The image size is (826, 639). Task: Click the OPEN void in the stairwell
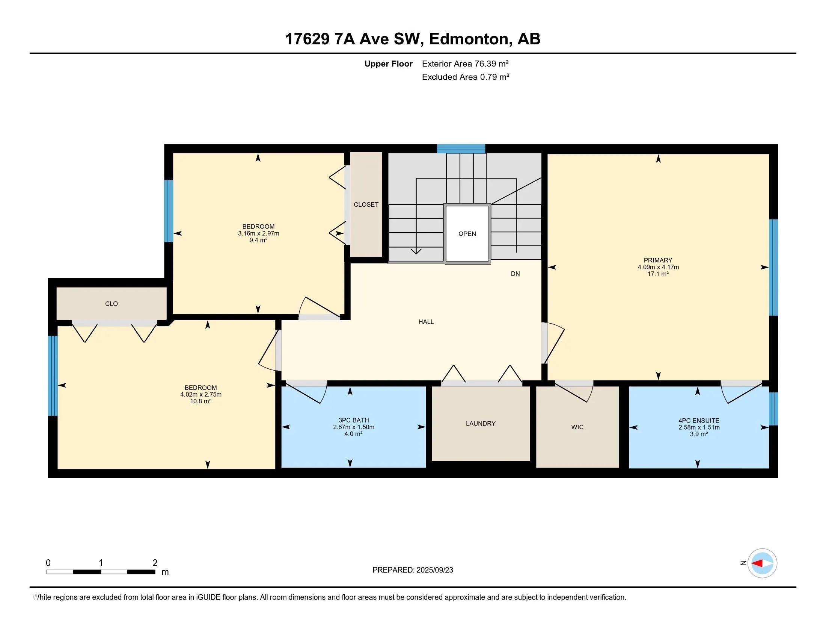467,233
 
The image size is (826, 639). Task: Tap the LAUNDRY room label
480,424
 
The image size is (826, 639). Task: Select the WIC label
577,427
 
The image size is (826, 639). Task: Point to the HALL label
426,322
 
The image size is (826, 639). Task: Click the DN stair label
515,274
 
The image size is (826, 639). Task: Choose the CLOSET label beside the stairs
366,204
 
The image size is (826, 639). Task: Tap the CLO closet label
112,304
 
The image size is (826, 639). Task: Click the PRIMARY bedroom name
658,260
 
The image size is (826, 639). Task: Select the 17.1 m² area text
658,274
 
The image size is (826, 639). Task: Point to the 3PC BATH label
354,420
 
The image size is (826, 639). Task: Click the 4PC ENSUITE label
699,421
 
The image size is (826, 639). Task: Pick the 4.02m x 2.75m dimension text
201,394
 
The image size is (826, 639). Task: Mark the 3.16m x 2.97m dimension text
259,233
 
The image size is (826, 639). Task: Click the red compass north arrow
757,563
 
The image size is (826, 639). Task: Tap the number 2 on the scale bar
155,563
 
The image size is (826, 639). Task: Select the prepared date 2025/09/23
434,570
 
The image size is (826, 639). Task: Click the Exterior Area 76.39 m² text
465,64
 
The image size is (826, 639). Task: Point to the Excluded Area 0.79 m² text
466,77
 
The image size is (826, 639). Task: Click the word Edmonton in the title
469,39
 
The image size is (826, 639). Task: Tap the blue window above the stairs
461,149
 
